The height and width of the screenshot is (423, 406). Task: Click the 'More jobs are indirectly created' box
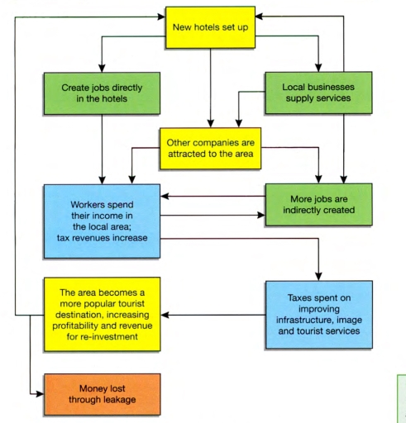click(318, 205)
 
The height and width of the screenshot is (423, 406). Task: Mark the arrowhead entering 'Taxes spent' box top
click(318, 277)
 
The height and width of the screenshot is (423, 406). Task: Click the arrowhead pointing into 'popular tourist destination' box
click(165, 314)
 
